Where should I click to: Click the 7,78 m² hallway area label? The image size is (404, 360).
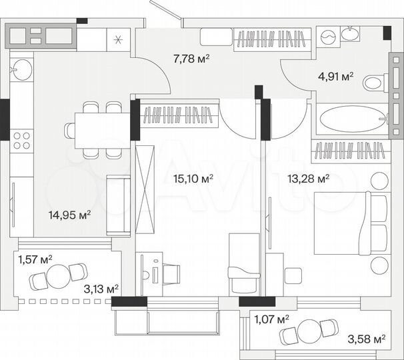coord(191,59)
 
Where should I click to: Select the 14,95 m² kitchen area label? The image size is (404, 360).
coord(69,215)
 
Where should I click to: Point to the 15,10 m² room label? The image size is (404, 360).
coord(193,179)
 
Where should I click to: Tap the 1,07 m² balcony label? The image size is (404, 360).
coord(273,320)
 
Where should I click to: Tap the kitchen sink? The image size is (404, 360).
coord(21,67)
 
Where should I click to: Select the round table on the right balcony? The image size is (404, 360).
coord(309,331)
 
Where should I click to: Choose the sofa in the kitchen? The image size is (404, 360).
coord(119,203)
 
